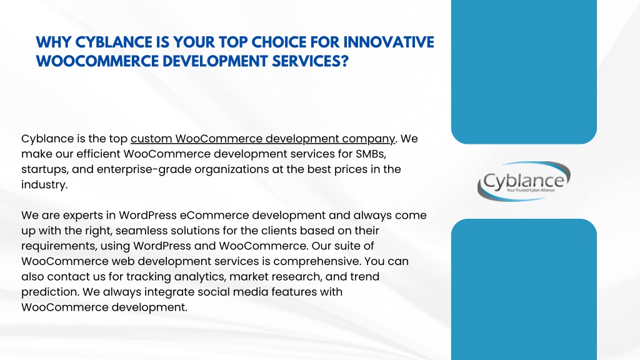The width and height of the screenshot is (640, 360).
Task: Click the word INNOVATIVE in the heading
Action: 389,42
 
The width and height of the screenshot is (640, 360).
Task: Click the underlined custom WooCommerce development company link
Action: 263,139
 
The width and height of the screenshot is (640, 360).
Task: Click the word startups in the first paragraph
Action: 44,169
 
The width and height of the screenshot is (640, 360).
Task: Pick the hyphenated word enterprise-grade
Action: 144,169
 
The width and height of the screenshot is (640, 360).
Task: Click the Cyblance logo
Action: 524,181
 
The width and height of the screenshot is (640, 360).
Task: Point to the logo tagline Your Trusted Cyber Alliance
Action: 531,190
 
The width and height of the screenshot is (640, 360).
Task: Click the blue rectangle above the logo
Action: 524,72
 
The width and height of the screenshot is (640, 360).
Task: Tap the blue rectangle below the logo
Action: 524,289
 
